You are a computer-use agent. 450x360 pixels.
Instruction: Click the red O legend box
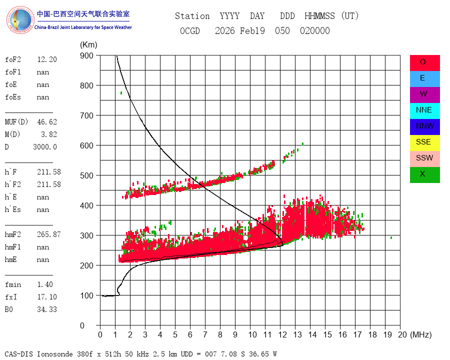tap(424, 63)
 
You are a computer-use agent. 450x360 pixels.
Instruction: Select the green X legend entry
tap(424, 174)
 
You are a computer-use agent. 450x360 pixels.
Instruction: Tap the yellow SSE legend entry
tap(424, 142)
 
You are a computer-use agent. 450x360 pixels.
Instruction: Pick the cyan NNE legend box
tap(424, 111)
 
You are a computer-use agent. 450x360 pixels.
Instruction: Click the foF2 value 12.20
tap(47, 59)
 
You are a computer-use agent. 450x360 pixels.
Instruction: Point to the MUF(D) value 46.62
tap(47, 122)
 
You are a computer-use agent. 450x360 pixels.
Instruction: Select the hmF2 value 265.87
tap(49, 234)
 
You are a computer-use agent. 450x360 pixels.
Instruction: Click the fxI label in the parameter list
tap(11, 297)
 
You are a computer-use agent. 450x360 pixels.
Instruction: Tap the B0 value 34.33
tap(47, 309)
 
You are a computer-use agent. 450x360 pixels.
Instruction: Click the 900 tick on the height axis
tap(86, 55)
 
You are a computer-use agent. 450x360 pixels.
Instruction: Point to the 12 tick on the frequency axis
tap(282, 334)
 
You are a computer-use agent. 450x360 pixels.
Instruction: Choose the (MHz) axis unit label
tap(421, 334)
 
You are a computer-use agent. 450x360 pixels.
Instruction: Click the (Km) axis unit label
tap(88, 45)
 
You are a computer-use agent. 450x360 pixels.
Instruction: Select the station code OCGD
tap(190, 30)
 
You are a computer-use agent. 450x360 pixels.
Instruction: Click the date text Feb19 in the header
tap(252, 30)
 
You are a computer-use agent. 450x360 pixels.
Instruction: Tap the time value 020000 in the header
tap(315, 30)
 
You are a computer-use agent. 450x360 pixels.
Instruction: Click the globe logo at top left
tap(20, 20)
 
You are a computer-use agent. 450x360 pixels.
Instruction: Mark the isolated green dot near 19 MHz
tap(391, 237)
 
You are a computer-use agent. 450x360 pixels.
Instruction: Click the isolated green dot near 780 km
tap(121, 93)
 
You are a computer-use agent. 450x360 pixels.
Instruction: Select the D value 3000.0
tap(45, 147)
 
